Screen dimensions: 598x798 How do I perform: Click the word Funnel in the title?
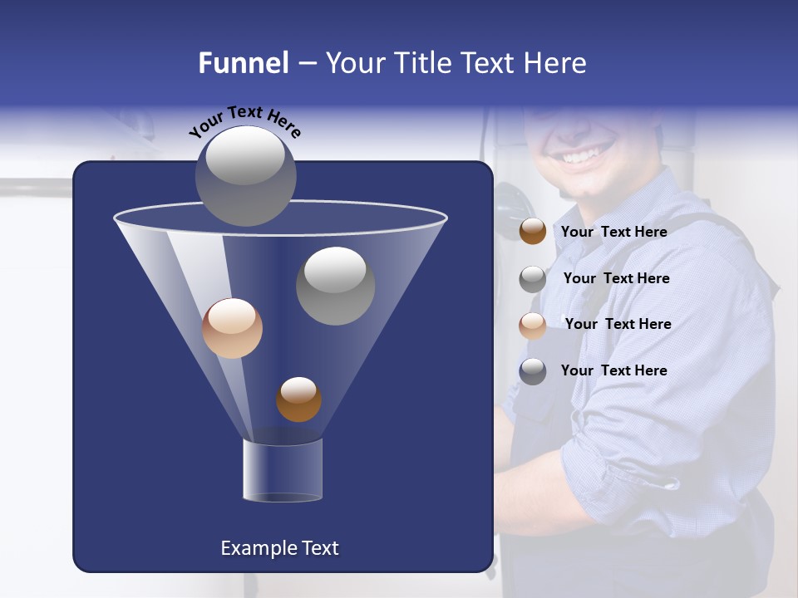(x=244, y=63)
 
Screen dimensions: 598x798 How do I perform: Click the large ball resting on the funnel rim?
(x=246, y=176)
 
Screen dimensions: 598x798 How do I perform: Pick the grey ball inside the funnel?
(x=336, y=286)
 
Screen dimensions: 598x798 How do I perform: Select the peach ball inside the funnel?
(x=232, y=328)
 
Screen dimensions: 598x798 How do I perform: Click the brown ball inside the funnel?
(x=298, y=399)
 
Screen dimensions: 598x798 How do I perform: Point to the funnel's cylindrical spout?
(x=283, y=470)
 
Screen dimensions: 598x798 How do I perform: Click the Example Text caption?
(x=279, y=548)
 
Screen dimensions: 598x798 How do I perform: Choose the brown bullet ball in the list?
(x=533, y=232)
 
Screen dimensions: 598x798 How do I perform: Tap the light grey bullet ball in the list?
(x=533, y=279)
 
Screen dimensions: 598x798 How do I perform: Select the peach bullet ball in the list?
(x=533, y=325)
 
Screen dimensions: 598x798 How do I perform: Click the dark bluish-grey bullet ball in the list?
(x=533, y=371)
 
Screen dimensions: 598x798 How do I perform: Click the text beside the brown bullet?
(x=613, y=232)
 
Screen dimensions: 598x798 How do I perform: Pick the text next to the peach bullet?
(x=618, y=324)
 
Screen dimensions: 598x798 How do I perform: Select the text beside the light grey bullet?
(x=616, y=278)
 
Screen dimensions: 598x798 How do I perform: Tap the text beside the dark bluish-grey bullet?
(x=613, y=370)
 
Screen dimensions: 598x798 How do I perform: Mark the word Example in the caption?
(x=254, y=548)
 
